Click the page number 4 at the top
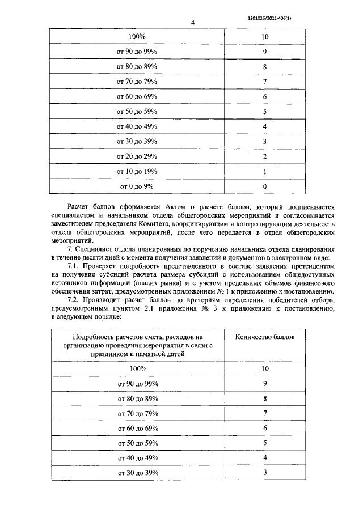[193, 23]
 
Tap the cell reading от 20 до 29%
[137, 156]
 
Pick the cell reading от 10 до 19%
[137, 171]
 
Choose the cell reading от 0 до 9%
[137, 185]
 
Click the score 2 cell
[264, 156]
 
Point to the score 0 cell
[264, 185]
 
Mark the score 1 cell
[264, 171]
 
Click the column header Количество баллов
[264, 337]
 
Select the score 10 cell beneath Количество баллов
[264, 368]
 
